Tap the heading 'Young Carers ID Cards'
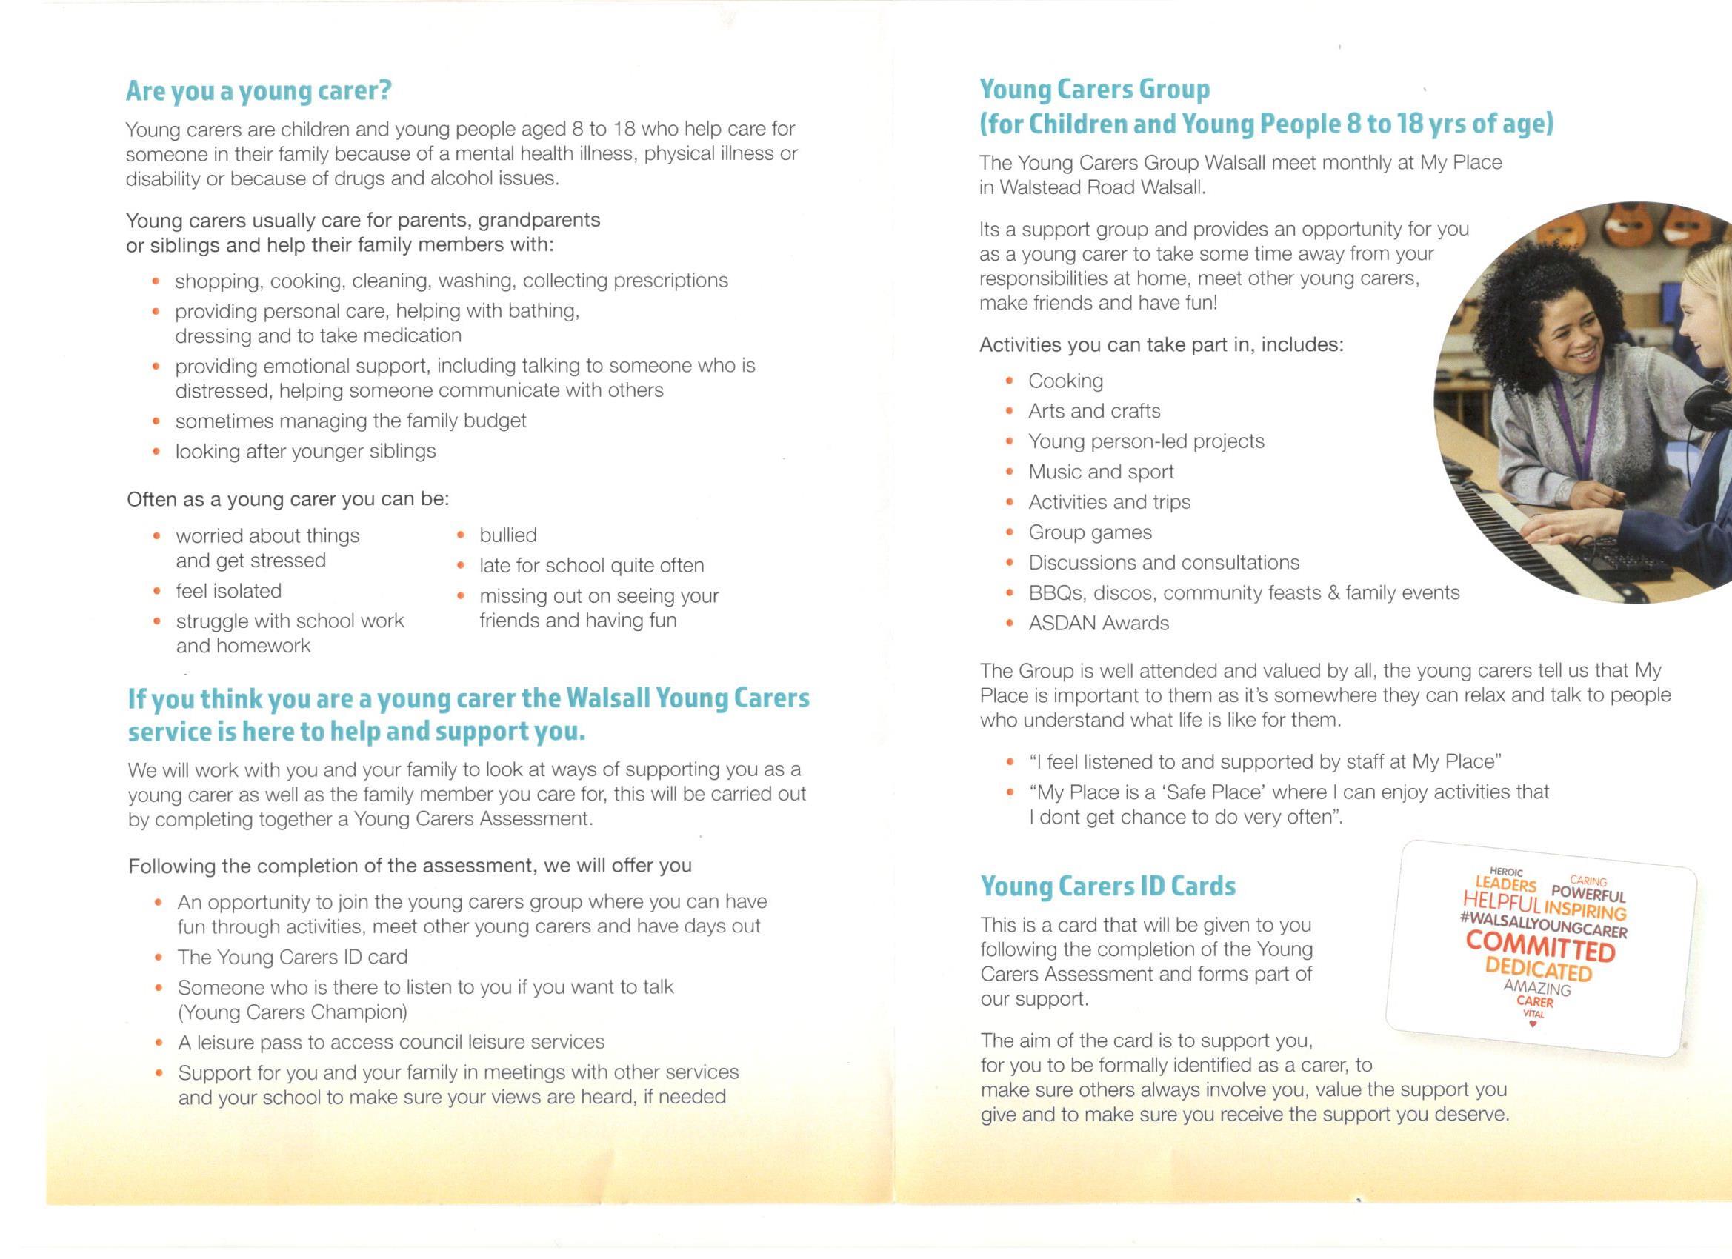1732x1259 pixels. [x=1108, y=886]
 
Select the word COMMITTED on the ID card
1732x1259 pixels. [x=1540, y=946]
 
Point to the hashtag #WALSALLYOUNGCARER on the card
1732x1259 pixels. [x=1542, y=924]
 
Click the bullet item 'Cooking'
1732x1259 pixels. [x=1065, y=380]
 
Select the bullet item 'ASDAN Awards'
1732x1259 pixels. [x=1098, y=623]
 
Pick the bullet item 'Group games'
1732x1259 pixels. [x=1090, y=532]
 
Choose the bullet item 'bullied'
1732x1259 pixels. [x=508, y=535]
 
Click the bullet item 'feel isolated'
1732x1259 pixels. [x=228, y=591]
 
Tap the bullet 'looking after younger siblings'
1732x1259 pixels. [x=305, y=451]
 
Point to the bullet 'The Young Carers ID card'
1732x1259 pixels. [x=293, y=957]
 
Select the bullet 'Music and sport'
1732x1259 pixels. [x=1100, y=472]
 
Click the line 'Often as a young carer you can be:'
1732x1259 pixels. [x=288, y=499]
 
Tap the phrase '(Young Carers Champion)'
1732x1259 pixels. [x=293, y=1012]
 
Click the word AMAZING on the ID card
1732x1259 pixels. [x=1536, y=989]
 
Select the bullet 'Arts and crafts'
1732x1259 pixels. [x=1093, y=411]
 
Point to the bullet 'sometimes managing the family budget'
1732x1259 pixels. [x=350, y=421]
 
